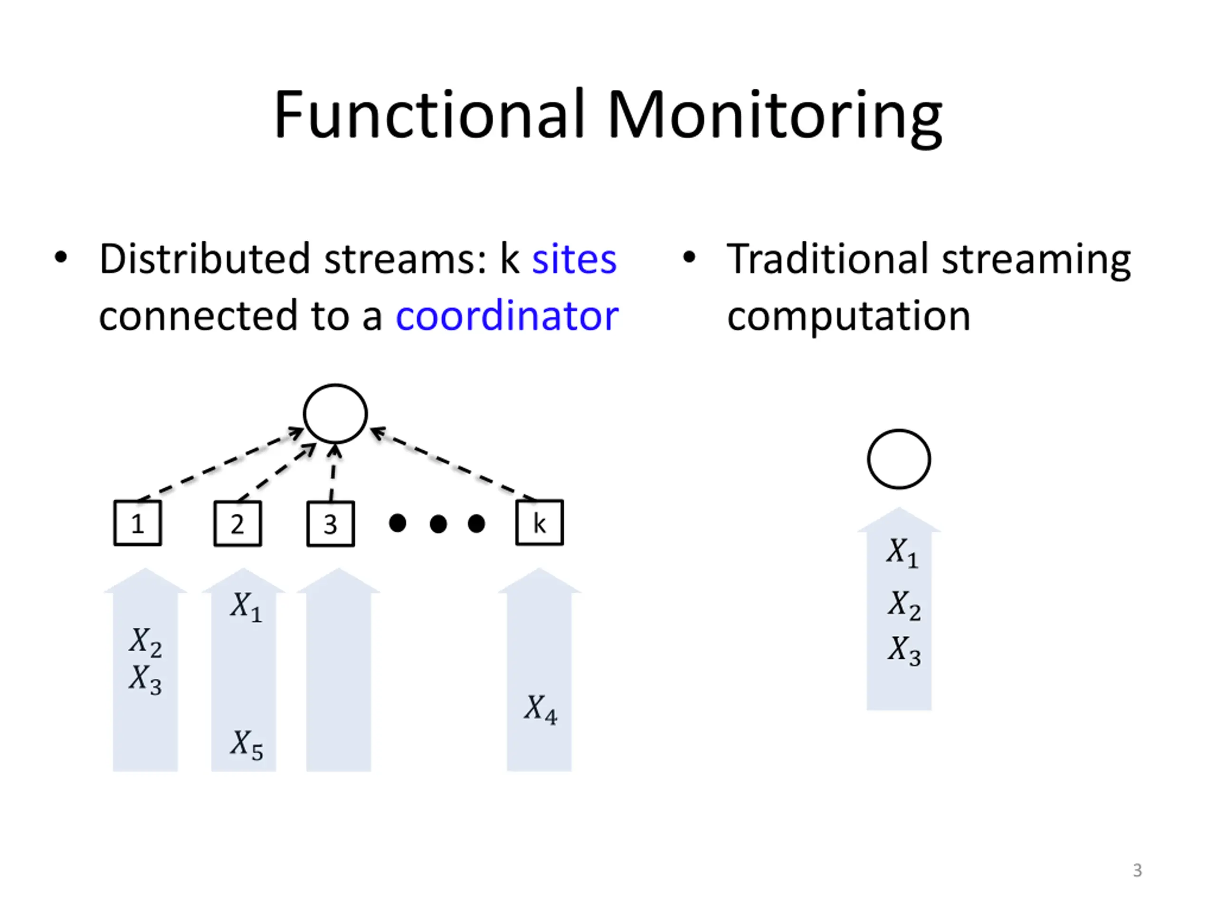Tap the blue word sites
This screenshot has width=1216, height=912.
(x=574, y=259)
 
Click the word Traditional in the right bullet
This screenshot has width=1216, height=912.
(x=828, y=259)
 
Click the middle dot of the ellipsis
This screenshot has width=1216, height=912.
(x=438, y=523)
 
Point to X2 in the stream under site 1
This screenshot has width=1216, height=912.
(x=146, y=643)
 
